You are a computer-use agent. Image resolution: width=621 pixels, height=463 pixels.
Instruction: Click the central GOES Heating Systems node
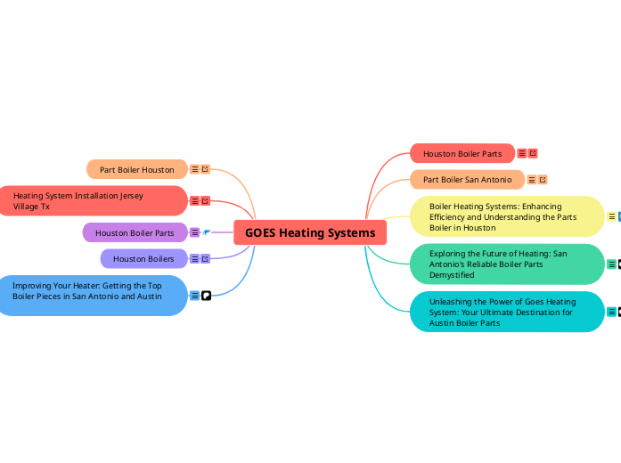click(310, 233)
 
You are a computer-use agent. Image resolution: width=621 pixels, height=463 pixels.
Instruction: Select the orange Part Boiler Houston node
click(136, 169)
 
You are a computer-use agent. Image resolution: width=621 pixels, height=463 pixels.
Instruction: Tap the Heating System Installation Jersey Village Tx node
click(89, 200)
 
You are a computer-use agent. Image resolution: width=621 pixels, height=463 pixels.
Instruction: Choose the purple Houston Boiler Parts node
click(135, 232)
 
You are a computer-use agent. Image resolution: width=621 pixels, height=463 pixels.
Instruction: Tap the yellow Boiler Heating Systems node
click(506, 216)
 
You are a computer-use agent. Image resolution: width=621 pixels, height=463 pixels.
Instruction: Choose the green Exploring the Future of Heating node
click(506, 264)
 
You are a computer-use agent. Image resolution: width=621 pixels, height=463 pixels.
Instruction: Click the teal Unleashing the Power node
click(506, 312)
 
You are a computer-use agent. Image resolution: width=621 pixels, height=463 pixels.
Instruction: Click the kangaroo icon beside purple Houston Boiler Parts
click(206, 232)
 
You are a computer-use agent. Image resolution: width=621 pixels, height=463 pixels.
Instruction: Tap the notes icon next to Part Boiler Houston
click(195, 169)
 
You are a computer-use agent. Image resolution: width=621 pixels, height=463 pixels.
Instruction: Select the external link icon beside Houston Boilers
click(206, 258)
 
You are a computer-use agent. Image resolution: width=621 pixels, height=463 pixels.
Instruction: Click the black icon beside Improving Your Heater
click(206, 296)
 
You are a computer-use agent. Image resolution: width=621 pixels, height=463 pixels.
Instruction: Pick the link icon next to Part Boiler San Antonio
click(543, 179)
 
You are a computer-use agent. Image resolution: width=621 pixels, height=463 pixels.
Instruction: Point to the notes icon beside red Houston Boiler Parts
click(522, 153)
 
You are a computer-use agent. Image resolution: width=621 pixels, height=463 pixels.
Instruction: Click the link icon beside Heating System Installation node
click(206, 200)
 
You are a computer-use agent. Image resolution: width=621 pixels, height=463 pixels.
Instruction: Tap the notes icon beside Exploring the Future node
click(611, 264)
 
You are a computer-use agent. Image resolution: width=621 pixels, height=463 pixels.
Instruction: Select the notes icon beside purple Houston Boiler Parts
click(195, 232)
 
